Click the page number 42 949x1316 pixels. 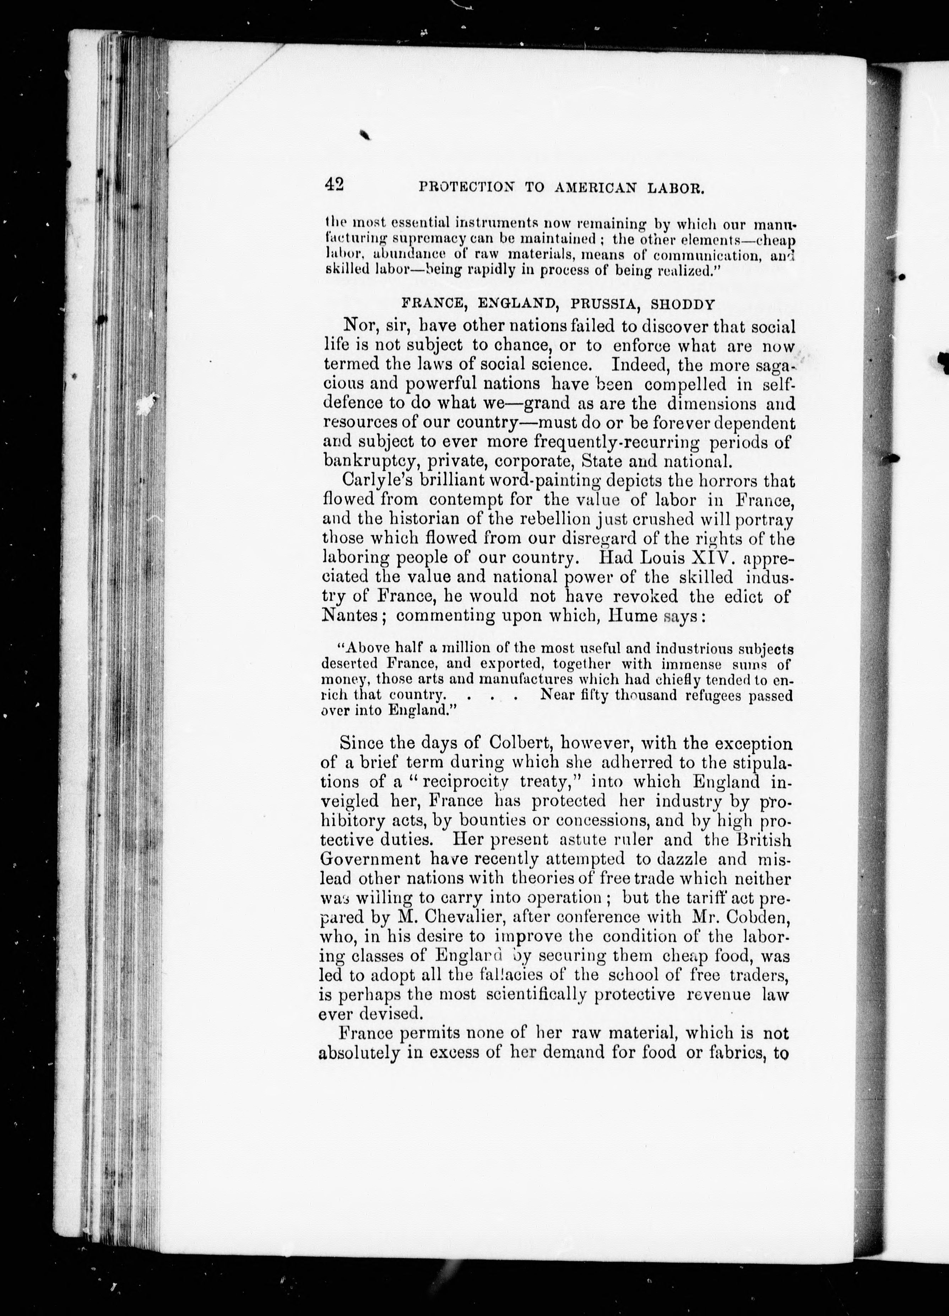tap(335, 184)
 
